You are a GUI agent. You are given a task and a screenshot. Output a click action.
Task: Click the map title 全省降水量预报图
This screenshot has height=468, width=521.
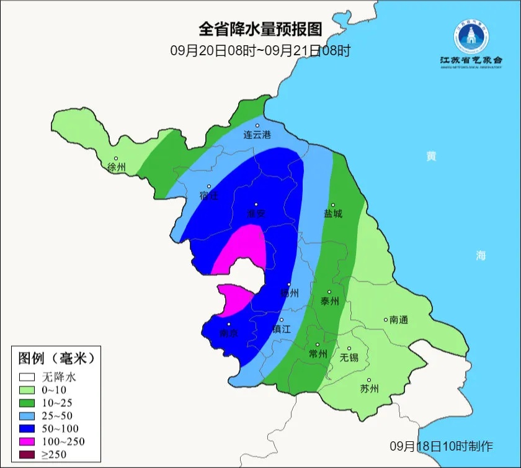260,29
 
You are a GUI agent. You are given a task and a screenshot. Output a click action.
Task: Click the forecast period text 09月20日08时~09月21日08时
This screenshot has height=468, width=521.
260,50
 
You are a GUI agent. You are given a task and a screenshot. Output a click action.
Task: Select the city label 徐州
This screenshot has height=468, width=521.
116,168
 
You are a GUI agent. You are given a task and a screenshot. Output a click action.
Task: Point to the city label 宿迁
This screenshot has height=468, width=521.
209,196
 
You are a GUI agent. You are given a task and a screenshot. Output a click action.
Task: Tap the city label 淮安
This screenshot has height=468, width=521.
256,214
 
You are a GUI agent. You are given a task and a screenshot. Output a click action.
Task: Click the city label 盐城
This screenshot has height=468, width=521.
332,214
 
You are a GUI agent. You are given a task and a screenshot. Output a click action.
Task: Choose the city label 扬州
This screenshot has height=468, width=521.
290,293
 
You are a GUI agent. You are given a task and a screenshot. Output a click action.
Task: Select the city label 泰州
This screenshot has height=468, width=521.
329,301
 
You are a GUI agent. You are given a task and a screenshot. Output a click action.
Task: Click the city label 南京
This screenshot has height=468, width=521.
229,333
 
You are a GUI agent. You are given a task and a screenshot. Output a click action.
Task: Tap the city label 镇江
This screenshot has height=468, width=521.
281,330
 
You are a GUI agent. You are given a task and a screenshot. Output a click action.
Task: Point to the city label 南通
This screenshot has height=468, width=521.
399,320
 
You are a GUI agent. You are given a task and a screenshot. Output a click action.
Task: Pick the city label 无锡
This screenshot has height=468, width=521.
349,358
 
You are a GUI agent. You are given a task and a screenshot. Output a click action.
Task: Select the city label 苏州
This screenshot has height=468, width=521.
369,389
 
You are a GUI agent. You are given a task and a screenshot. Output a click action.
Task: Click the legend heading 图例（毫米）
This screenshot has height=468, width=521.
56,358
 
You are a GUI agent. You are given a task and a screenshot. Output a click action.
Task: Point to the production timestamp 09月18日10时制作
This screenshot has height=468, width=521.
442,446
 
